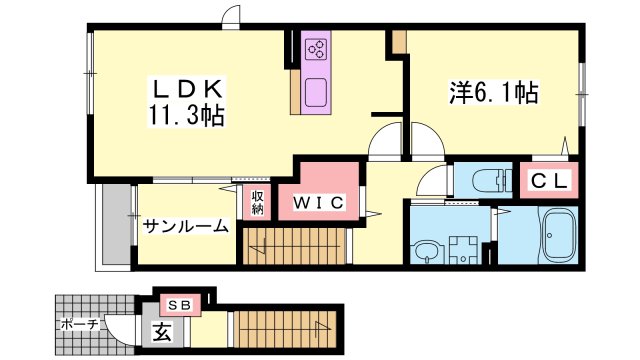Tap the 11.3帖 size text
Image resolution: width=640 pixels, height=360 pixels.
click(187, 117)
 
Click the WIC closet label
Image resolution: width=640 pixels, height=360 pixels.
click(318, 203)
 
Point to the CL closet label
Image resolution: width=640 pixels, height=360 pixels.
click(549, 181)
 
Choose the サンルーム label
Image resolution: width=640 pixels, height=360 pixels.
click(185, 225)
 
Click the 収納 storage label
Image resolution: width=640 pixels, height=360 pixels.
click(257, 202)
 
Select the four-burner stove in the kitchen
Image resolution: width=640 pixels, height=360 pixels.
click(317, 51)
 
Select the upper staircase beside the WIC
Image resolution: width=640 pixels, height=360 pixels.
click(297, 245)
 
